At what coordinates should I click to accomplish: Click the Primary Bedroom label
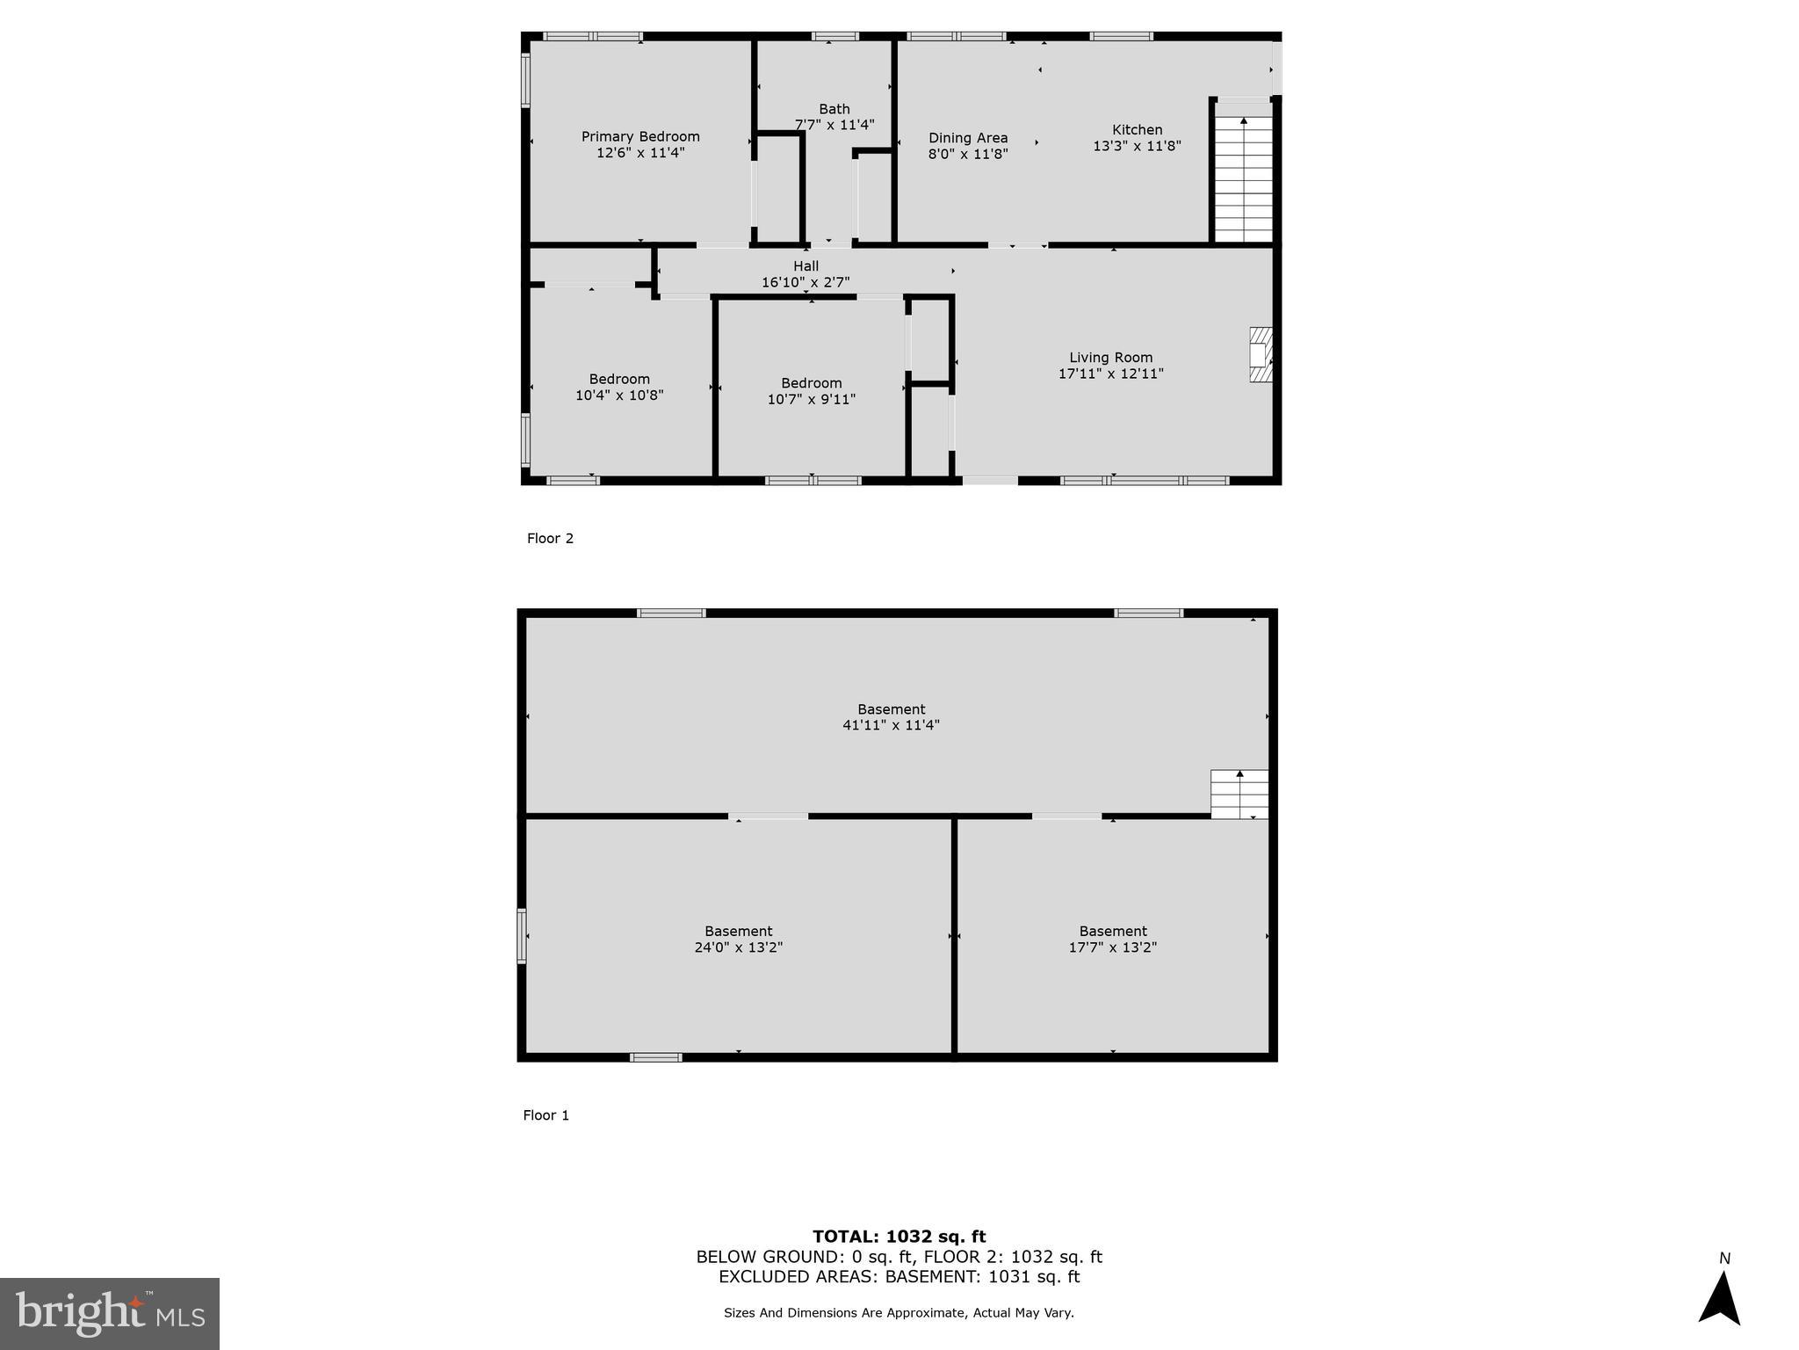tap(640, 136)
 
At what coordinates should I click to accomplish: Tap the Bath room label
tap(834, 109)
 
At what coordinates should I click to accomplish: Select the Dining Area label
tap(968, 138)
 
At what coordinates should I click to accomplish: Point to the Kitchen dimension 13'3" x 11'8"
tap(1137, 146)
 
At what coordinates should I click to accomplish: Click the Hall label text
tap(806, 266)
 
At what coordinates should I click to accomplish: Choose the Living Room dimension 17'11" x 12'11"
tap(1110, 374)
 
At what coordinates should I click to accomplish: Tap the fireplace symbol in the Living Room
tap(1261, 355)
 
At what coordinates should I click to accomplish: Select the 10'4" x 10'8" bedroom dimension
tap(619, 396)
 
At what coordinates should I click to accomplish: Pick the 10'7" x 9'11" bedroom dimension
tap(811, 399)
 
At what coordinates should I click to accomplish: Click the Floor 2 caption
tap(550, 539)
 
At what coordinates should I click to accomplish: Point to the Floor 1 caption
tap(545, 1115)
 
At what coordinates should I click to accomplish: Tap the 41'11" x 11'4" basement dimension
tap(891, 725)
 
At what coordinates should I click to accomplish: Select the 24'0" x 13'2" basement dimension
tap(738, 947)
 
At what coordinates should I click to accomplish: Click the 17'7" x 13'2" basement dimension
tap(1112, 947)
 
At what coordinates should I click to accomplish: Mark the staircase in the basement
tap(1239, 795)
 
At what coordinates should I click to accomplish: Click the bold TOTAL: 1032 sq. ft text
tap(899, 1237)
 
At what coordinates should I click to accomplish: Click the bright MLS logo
tap(110, 1313)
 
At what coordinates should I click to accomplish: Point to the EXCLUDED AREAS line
tap(899, 1277)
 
